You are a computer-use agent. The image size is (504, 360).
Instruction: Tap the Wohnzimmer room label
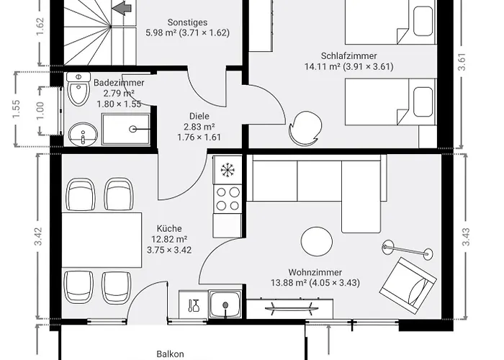[314, 272]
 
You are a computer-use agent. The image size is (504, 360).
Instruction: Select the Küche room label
[169, 228]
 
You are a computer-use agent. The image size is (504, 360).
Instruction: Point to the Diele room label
[199, 115]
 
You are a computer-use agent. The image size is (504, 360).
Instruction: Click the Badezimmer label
[119, 83]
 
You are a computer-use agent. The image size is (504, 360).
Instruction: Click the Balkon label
[171, 354]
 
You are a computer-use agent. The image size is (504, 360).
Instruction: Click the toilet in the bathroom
[75, 92]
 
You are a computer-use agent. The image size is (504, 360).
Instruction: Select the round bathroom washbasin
[83, 133]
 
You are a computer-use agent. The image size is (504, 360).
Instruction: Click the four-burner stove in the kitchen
[229, 199]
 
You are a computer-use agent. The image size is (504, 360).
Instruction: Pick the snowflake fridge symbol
[229, 171]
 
